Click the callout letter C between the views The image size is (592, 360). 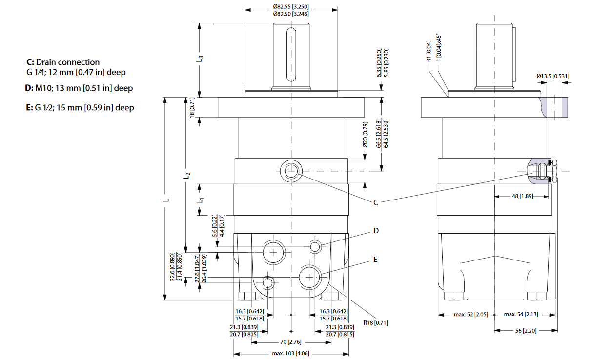pos(376,203)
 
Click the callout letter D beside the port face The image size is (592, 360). pos(376,231)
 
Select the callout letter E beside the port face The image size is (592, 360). pos(375,260)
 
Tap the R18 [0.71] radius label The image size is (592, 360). pos(375,322)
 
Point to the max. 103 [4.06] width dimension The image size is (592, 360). pos(291,353)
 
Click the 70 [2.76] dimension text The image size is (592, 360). pos(291,342)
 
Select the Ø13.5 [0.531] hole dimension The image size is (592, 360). pos(552,76)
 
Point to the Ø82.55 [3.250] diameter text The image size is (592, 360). pos(291,6)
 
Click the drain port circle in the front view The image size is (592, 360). pos(291,171)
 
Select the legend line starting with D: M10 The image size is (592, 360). pos(79,88)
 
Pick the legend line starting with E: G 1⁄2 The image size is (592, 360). pos(80,107)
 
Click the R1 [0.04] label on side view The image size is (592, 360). pos(429,51)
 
